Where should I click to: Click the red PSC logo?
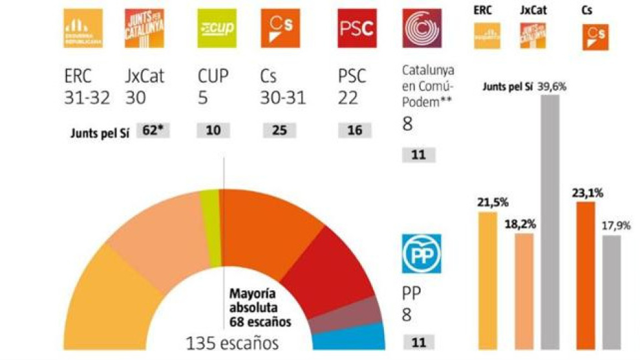357,28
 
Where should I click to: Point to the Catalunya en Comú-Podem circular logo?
422,28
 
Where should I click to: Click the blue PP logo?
421,253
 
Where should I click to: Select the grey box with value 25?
279,131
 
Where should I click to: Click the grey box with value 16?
354,131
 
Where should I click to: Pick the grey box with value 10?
213,131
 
